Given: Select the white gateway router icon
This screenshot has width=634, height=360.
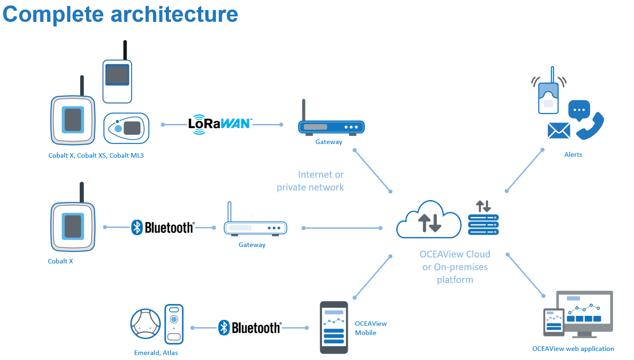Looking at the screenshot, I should point(255,226).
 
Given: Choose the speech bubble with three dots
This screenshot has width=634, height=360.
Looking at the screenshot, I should point(579,110).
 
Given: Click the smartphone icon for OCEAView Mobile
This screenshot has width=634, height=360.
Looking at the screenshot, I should point(334,327).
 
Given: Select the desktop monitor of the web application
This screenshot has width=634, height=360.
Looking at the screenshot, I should point(588,314).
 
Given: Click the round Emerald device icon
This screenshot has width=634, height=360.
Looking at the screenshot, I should point(145,324).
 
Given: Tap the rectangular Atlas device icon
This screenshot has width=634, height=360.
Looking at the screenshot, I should point(174,324).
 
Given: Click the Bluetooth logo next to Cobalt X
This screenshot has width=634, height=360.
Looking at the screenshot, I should point(163,227).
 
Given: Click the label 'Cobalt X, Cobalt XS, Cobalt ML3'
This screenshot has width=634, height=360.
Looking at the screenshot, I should point(96,155).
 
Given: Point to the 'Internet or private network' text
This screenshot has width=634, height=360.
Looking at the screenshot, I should point(311,181).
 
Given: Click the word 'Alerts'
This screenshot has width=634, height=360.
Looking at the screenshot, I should point(573,154).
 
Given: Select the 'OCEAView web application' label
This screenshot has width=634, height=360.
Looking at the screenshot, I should point(573,349).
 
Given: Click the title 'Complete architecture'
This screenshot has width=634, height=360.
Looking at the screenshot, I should point(120,14).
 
